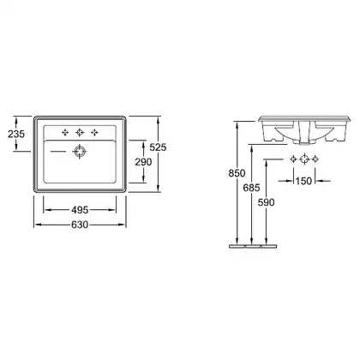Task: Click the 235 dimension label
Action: (16, 134)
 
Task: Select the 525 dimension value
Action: (158, 147)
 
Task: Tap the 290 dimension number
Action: (143, 162)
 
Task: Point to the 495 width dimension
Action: (80, 210)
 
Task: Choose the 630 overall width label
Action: (80, 225)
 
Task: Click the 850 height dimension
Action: (237, 173)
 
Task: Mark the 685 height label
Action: (251, 188)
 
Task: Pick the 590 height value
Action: (266, 202)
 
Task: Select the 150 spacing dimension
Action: (303, 181)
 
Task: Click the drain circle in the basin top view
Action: (80, 152)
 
